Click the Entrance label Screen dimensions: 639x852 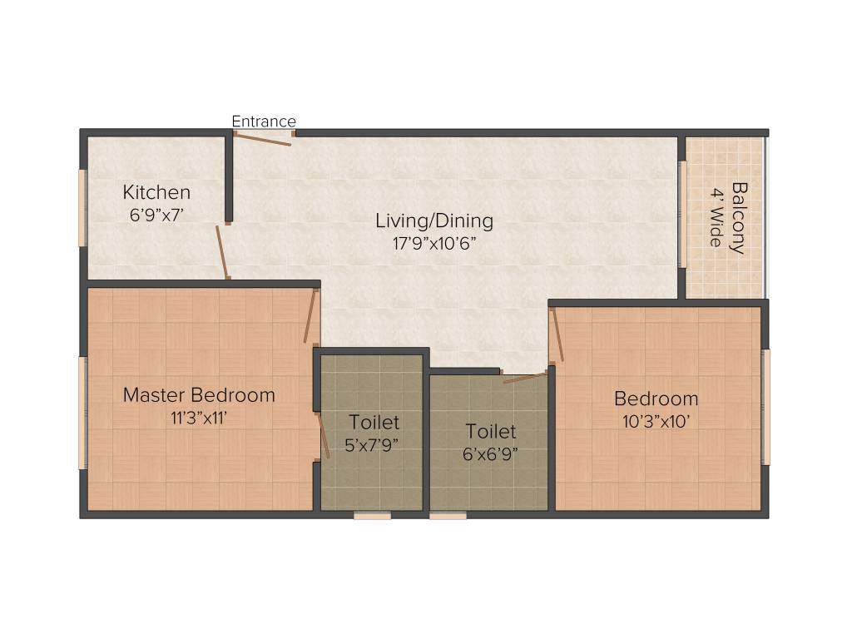point(264,121)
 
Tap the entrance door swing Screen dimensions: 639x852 point(262,139)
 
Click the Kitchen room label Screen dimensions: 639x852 point(156,192)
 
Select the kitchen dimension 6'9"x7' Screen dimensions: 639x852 point(156,214)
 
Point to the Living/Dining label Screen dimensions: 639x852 point(433,221)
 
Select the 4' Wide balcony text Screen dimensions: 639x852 point(716,217)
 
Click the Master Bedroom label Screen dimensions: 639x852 point(199,394)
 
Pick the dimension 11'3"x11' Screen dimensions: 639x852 point(199,418)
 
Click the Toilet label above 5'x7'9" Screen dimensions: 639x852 point(374,423)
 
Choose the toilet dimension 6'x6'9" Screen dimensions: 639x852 point(490,454)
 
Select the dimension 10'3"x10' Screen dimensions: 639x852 point(656,421)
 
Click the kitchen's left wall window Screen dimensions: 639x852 point(82,208)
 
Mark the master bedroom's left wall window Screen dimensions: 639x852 point(82,413)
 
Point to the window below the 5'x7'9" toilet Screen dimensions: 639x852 point(372,516)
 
